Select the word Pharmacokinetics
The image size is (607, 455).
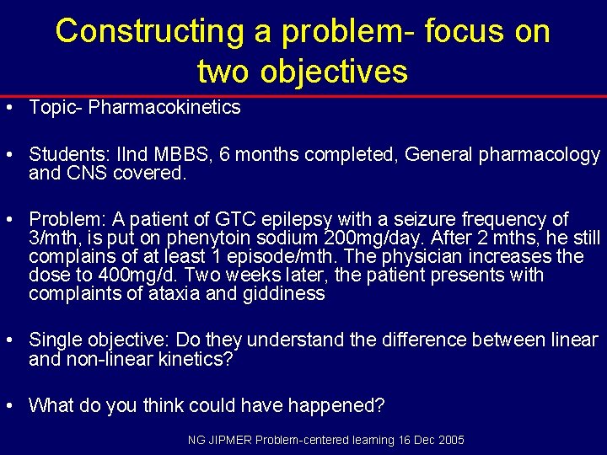point(164,108)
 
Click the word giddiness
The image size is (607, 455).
point(284,294)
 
